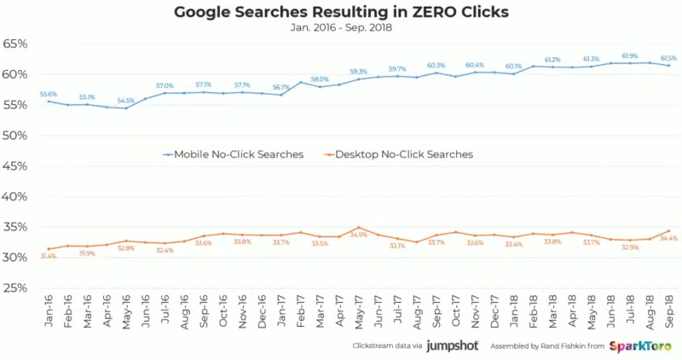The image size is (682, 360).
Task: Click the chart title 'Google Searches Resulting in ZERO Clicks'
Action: pos(341,12)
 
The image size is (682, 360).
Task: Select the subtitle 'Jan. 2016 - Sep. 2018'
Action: pos(341,27)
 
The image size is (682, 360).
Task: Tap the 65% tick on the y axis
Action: pos(19,44)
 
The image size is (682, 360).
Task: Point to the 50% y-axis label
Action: pos(19,136)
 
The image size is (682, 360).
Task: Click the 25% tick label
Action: pos(19,287)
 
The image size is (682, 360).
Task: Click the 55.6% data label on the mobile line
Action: pos(49,94)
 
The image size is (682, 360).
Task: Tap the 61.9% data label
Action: pos(631,55)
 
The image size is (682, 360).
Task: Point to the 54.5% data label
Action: pos(125,101)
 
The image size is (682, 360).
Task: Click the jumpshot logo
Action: pos(451,345)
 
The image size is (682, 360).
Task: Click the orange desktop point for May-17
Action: pos(359,228)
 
